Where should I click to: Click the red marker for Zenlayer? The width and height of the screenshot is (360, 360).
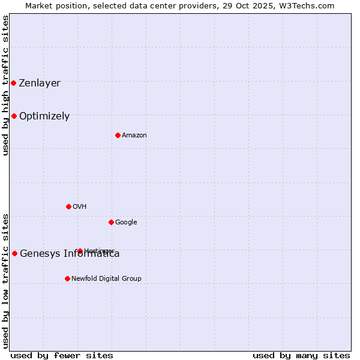tap(13, 83)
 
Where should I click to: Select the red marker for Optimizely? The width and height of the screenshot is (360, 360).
tap(14, 116)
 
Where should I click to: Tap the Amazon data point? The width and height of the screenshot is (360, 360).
tap(118, 135)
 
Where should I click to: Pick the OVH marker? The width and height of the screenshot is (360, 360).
tap(68, 206)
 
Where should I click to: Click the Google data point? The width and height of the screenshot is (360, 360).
tap(111, 222)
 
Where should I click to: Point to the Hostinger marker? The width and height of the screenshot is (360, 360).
tap(80, 251)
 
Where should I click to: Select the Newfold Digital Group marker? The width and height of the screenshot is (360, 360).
tap(67, 278)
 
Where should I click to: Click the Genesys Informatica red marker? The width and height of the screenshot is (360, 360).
tap(14, 253)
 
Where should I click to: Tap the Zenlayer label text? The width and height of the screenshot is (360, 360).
tap(40, 83)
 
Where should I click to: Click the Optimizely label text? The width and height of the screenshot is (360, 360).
tap(44, 116)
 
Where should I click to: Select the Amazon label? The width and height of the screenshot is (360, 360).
tap(134, 135)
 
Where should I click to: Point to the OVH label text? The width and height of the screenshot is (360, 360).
tap(80, 206)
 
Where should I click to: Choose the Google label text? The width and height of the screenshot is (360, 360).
tap(126, 222)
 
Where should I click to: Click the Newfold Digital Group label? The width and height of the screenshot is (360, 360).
tap(106, 278)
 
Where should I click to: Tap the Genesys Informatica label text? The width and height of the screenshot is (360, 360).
tap(70, 253)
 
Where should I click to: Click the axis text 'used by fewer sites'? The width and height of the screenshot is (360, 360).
tap(62, 355)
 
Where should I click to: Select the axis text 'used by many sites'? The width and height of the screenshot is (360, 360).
tap(301, 355)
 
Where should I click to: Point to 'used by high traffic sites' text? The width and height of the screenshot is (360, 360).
tap(5, 85)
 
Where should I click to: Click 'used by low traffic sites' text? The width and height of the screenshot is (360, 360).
tap(5, 281)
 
